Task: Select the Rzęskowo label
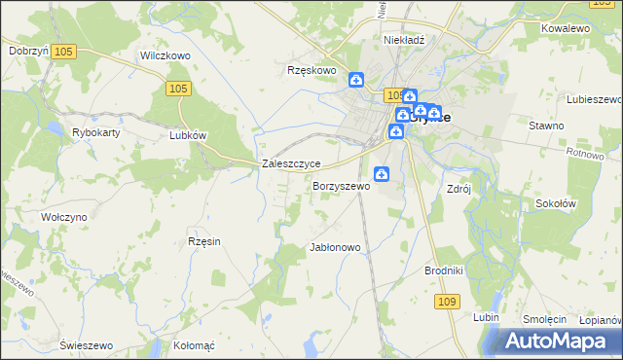[x=311, y=70]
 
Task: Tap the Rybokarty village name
[x=95, y=131]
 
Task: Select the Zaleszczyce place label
[x=292, y=164]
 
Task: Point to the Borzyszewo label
[x=341, y=186]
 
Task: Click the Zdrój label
[x=458, y=189]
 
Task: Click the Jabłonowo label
[x=335, y=247]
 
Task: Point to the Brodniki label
[x=443, y=270]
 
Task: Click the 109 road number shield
[x=447, y=303]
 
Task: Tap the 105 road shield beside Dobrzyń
[x=66, y=51]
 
